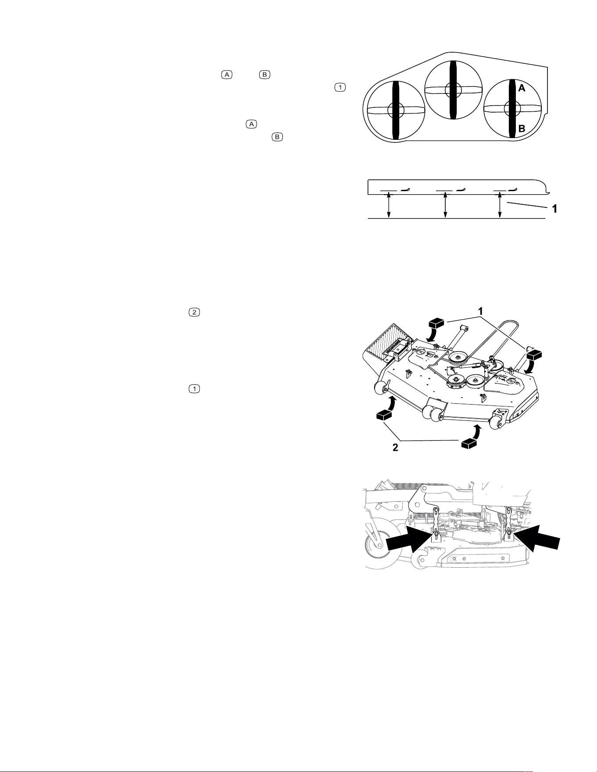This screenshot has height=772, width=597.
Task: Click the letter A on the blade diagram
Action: (x=522, y=88)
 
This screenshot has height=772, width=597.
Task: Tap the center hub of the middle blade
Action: (x=453, y=90)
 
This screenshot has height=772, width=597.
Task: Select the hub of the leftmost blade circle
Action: (x=396, y=110)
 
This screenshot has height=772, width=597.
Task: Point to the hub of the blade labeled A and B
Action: (x=511, y=108)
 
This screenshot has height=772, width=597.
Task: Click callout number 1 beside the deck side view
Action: (x=555, y=209)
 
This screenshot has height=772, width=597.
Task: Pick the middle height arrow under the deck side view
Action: (x=445, y=205)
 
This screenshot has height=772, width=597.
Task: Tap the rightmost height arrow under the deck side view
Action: (x=500, y=205)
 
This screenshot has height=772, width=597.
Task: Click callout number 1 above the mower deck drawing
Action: (x=480, y=311)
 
